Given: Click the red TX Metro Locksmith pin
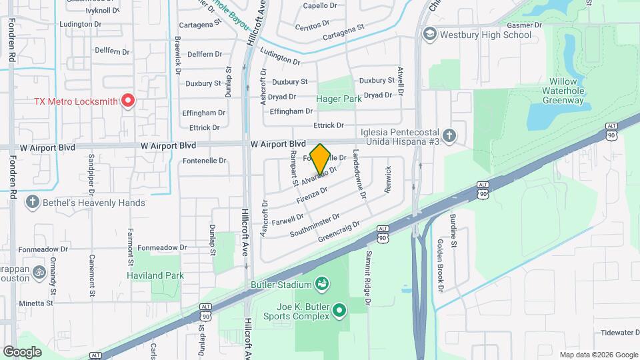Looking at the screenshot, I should [x=127, y=101].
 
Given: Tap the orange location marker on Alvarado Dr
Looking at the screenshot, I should [x=321, y=159].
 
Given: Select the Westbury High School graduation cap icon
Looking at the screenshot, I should [x=430, y=34].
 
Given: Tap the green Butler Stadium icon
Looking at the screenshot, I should [x=323, y=284].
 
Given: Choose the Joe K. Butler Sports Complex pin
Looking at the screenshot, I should [x=339, y=310].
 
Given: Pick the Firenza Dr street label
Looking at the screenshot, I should [x=310, y=195].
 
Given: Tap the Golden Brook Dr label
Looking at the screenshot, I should [x=440, y=265].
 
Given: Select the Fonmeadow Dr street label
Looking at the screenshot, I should [x=159, y=247].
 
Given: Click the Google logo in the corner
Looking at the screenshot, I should [x=23, y=351].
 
